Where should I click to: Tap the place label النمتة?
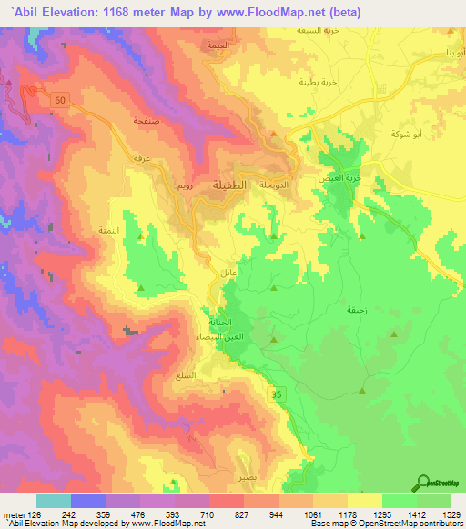(108, 231)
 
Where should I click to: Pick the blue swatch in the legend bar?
(88, 500)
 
